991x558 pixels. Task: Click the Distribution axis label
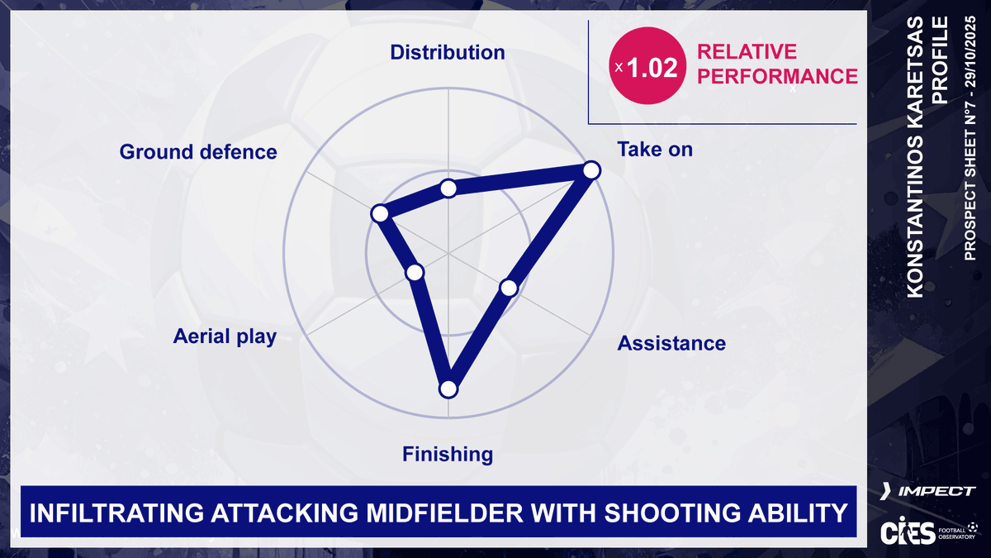pos(447,53)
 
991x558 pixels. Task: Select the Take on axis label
pos(655,150)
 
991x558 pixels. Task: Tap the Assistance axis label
pos(671,343)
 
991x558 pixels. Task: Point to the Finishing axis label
pos(447,454)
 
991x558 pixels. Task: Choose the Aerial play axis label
pos(225,336)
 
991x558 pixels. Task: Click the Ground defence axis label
pos(198,152)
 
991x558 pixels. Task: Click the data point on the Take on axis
pos(590,170)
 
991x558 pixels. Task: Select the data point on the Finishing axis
pos(448,389)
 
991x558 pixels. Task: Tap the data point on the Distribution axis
pos(448,188)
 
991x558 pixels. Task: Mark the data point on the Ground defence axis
pos(379,213)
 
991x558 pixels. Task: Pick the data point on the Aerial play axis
pos(415,272)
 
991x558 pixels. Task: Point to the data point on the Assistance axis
pos(509,288)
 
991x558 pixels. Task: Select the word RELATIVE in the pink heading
pos(747,51)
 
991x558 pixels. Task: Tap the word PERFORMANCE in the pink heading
pos(777,76)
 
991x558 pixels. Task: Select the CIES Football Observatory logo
pos(926,531)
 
